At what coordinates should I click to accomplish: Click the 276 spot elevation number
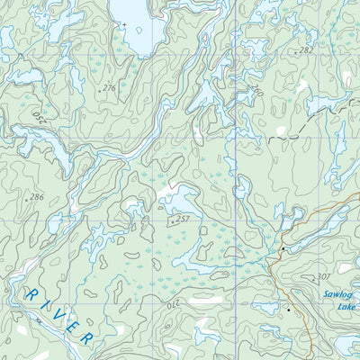point(109,87)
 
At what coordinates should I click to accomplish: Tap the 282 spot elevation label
point(307,51)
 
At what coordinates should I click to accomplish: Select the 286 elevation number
point(36,196)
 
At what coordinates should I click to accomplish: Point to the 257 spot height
point(183,219)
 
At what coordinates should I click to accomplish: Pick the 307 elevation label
point(325,277)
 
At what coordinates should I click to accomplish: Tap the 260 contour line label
point(257,92)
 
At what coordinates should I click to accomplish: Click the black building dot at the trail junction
point(283,248)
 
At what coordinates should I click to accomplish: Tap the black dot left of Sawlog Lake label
point(288,309)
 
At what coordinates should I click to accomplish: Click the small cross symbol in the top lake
point(126,24)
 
